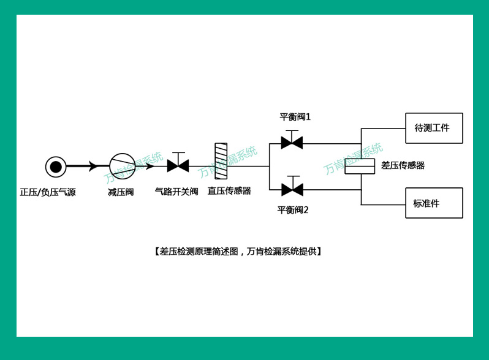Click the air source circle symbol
click(56, 167)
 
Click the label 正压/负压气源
click(48, 192)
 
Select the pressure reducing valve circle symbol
click(123, 166)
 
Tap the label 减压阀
click(121, 192)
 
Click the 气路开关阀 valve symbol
click(178, 165)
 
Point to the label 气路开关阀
click(176, 192)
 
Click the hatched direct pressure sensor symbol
click(221, 161)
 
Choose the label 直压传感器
click(229, 191)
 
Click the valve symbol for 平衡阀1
click(292, 143)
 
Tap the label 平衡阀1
click(295, 117)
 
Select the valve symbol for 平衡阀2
click(292, 189)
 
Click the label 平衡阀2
click(293, 210)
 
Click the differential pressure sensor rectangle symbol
click(360, 166)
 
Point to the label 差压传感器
click(403, 165)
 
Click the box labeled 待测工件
click(434, 128)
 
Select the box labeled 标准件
click(434, 203)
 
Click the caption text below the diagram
click(238, 251)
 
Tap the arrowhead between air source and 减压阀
click(93, 166)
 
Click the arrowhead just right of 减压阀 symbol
click(150, 166)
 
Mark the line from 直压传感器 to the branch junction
click(248, 166)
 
